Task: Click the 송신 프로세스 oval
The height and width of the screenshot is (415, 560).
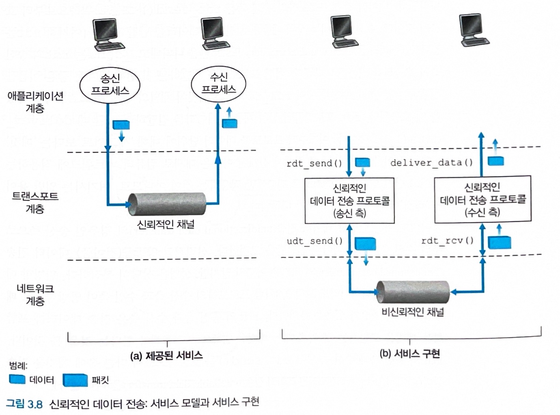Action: [110, 84]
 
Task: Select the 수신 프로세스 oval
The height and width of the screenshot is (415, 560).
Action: [218, 83]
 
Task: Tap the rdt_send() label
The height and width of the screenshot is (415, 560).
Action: [314, 164]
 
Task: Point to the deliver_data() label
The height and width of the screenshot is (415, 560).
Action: [431, 163]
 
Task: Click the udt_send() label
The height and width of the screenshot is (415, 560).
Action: [314, 241]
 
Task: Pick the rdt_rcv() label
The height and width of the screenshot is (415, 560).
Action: [447, 240]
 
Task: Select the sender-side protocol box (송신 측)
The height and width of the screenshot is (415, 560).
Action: [349, 200]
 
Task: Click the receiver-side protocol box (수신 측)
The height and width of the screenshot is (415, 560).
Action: [482, 199]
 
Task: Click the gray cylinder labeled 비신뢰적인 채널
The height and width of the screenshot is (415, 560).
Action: [413, 292]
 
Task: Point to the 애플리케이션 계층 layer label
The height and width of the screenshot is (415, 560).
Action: [35, 102]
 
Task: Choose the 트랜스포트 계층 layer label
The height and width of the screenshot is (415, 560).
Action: [35, 202]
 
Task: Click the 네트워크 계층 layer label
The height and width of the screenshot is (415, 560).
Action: [35, 295]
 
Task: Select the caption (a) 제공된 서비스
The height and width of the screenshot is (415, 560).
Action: [166, 356]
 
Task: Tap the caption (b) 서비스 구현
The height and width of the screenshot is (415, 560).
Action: [409, 354]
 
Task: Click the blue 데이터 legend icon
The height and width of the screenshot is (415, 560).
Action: [17, 379]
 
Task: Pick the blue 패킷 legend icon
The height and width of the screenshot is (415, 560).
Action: [75, 380]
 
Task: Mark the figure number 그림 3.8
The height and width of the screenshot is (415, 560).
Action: [24, 403]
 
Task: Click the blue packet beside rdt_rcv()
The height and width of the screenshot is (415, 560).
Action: [499, 242]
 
